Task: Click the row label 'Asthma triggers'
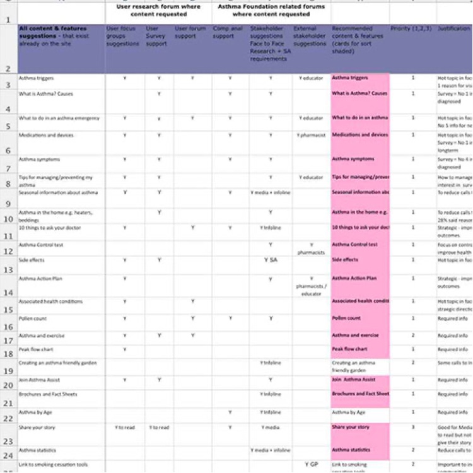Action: [x=37, y=78]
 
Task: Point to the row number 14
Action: [x=8, y=293]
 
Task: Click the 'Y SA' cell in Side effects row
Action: [x=270, y=260]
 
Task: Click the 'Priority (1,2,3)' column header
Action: [x=412, y=29]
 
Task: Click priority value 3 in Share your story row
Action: [x=413, y=427]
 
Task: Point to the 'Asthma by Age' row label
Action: [x=33, y=412]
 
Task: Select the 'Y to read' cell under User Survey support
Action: [x=159, y=428]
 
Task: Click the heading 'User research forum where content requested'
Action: [x=159, y=10]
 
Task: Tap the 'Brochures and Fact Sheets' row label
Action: [x=48, y=394]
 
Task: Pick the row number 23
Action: [x=8, y=442]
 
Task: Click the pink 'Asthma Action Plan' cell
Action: [x=354, y=278]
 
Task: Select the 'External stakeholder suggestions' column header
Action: [x=310, y=37]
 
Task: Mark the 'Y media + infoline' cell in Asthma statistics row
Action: [x=270, y=450]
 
